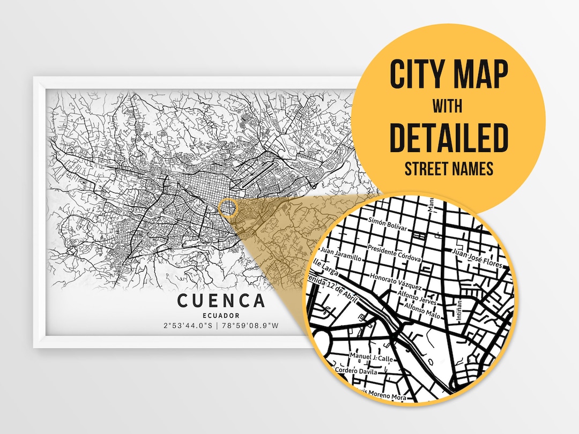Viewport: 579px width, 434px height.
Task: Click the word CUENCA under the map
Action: (221, 301)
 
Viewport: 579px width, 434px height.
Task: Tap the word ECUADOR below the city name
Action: (221, 315)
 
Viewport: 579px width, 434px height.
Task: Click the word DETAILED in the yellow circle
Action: (448, 138)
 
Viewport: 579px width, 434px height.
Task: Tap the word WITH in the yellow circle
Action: (448, 106)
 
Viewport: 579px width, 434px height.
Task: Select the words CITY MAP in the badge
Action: (448, 76)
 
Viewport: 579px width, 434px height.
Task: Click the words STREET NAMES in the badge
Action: (448, 169)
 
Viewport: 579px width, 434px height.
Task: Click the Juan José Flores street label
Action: (477, 258)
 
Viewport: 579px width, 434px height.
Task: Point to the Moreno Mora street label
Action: (383, 396)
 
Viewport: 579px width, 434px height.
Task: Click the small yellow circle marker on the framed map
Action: (228, 207)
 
